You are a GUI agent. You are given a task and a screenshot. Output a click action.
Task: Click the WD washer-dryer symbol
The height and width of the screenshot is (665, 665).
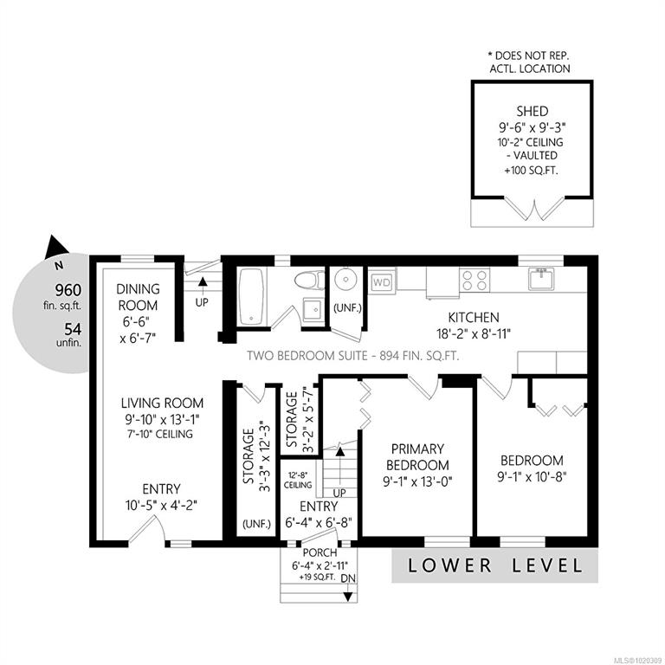click(381, 282)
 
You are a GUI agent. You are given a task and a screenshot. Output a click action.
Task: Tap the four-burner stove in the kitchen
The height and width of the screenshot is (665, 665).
click(475, 280)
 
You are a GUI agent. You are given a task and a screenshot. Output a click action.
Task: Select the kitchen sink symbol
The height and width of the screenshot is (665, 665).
click(541, 279)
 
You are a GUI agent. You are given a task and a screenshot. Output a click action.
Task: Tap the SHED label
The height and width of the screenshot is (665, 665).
click(533, 112)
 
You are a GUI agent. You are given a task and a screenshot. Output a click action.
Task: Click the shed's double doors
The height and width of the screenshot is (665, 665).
click(534, 209)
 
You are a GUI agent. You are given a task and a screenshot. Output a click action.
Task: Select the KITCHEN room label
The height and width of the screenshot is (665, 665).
click(474, 317)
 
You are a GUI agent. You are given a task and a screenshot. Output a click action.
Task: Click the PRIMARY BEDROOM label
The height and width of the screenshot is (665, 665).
click(417, 457)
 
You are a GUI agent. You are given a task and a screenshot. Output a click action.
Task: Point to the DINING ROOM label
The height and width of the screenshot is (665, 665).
click(138, 297)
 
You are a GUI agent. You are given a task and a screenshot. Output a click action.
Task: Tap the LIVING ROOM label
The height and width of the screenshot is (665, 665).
click(162, 403)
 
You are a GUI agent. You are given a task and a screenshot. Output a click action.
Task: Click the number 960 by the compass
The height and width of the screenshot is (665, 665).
click(68, 291)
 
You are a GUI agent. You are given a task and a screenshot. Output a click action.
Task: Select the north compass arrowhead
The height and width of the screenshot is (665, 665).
click(55, 247)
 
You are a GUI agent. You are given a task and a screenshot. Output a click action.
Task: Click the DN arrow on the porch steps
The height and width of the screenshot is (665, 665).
click(348, 592)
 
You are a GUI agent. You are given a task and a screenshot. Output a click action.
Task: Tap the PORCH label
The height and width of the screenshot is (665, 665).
click(320, 553)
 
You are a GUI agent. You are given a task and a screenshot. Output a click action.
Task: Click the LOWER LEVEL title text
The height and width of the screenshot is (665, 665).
click(495, 565)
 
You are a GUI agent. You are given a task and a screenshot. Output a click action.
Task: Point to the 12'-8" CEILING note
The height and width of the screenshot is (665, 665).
click(298, 480)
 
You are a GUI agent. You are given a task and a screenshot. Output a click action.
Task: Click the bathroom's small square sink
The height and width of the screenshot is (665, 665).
click(313, 309)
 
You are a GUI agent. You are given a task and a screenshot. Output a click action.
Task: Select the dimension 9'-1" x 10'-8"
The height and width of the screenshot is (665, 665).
click(532, 477)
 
